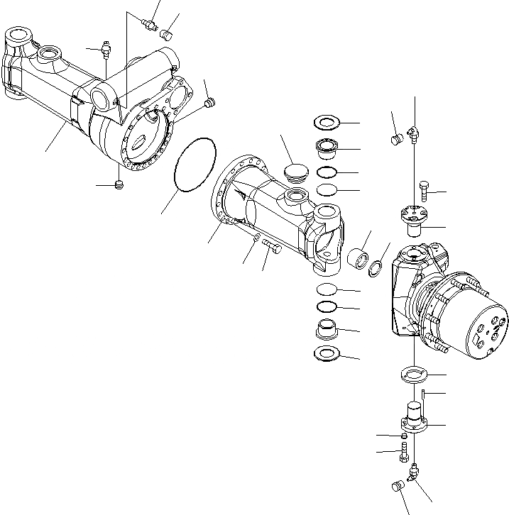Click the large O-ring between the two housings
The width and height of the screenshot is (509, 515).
pos(195,165)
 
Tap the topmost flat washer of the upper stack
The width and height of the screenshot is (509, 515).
pos(327,123)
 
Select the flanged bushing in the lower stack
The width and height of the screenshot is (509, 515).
pos(327,330)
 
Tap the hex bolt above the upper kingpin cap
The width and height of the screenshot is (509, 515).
pos(423,188)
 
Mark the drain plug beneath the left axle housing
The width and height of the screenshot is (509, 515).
pos(119,186)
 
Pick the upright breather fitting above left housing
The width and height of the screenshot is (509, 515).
pos(106,50)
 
